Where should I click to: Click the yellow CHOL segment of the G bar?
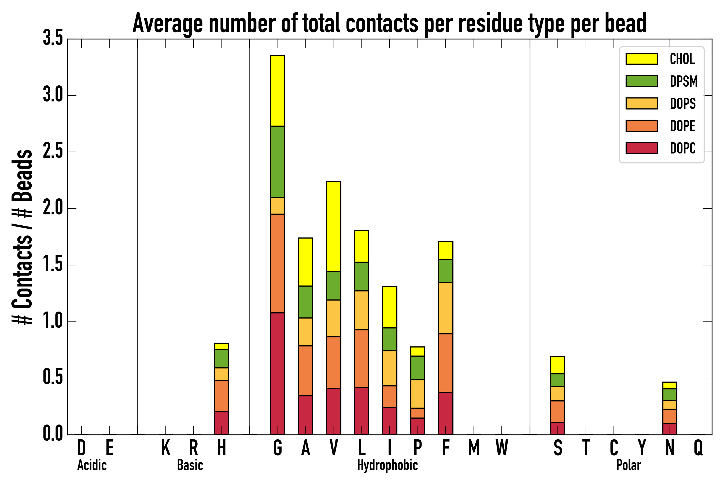coord(277,91)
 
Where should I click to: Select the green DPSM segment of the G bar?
coord(277,162)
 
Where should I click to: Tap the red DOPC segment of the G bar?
coord(277,373)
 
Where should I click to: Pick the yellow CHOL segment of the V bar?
coord(333,226)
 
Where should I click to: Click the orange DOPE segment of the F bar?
coord(445,363)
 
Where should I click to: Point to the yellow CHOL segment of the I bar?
coord(389,307)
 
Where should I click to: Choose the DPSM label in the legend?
coord(684,81)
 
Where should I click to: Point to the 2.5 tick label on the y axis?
coord(53,152)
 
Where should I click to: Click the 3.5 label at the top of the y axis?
coord(53,39)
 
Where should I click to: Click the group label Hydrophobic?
coord(387,465)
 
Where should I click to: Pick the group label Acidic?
coord(92,465)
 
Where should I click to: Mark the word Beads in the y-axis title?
coord(22,175)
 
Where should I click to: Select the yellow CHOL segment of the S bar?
coord(557,365)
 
